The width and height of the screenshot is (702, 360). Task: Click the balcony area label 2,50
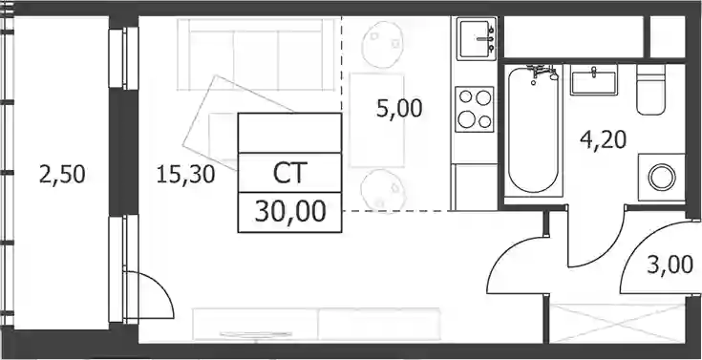tap(62, 175)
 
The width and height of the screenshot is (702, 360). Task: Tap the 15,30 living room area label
tap(186, 175)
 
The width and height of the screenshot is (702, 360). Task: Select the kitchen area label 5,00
tap(399, 109)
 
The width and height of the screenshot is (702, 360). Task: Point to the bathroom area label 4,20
tap(603, 140)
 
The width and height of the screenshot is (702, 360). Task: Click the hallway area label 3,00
tap(670, 265)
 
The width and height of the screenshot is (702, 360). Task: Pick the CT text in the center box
tap(289, 173)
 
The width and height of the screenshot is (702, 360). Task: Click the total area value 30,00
tap(290, 212)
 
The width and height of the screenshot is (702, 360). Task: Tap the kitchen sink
tap(477, 39)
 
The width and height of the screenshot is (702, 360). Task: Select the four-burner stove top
tap(475, 109)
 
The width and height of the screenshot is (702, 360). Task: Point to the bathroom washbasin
tap(594, 79)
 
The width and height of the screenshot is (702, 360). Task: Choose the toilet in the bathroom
tap(651, 90)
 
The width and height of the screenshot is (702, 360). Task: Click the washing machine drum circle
tap(662, 178)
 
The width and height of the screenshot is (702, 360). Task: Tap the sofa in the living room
tap(256, 54)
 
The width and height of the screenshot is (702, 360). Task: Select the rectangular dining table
tap(377, 120)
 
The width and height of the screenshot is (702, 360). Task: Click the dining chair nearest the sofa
tap(381, 43)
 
